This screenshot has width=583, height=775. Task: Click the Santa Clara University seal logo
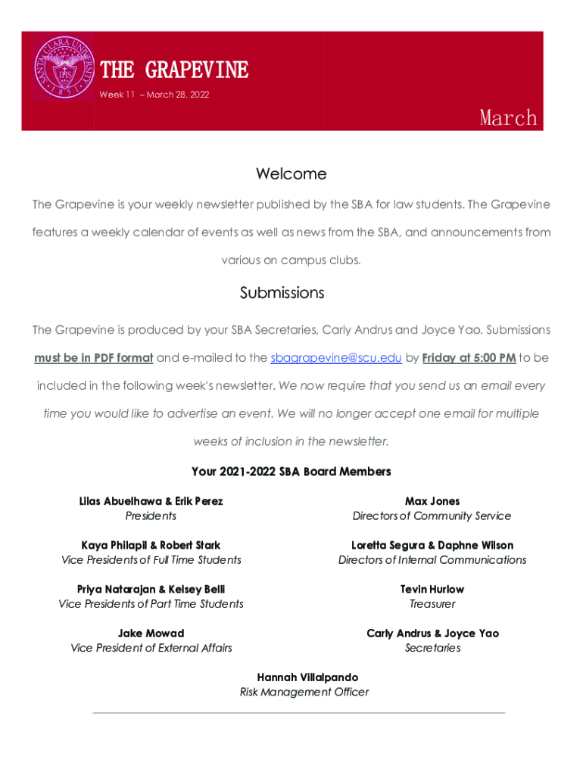(x=63, y=68)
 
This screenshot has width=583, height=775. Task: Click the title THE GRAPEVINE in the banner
(x=174, y=70)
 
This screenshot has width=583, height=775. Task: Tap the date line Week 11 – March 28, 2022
(x=154, y=95)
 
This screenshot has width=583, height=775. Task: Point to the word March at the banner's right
(x=508, y=117)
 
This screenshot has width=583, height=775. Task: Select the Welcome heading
(x=291, y=174)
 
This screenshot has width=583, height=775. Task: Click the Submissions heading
(x=282, y=293)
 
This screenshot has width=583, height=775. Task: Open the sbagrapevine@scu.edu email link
(x=336, y=357)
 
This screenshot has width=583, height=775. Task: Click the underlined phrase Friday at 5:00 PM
(x=469, y=357)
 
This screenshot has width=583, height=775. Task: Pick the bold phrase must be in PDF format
(x=94, y=357)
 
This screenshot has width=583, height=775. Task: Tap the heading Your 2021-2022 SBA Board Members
(x=291, y=472)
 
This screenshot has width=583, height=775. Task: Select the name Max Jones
(x=432, y=501)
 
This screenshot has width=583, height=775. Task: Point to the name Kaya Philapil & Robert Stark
(x=151, y=545)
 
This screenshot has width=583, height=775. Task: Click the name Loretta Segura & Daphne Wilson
(x=432, y=545)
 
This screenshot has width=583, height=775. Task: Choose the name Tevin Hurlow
(x=432, y=589)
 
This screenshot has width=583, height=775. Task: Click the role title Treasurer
(x=432, y=604)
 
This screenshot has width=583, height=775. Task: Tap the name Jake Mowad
(x=151, y=633)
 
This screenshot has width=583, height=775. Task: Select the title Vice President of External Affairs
(x=151, y=648)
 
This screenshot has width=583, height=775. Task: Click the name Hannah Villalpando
(x=307, y=677)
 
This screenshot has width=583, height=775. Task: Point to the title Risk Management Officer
(x=304, y=692)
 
